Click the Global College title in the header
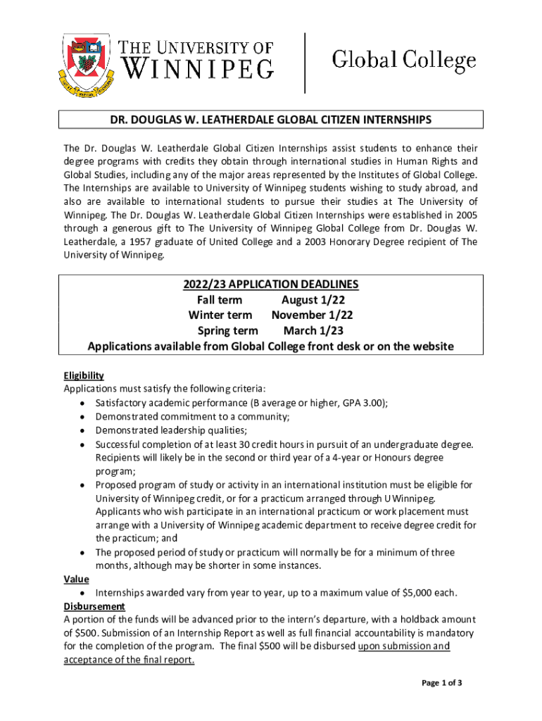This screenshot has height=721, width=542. point(403,61)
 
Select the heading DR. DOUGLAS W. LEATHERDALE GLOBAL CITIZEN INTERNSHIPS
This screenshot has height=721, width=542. point(271,120)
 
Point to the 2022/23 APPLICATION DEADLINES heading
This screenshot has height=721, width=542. point(271,284)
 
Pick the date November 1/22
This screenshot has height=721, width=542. point(313,315)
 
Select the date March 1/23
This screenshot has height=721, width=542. point(313,331)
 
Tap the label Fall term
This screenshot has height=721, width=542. point(220,300)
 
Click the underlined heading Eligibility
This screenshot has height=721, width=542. point(84,375)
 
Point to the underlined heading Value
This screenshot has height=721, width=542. point(76,579)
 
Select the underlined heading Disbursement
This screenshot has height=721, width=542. point(94,606)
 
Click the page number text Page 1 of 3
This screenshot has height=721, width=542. point(441,683)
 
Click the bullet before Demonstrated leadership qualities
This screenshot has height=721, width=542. point(82,431)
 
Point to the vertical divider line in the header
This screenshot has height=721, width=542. point(305,63)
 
